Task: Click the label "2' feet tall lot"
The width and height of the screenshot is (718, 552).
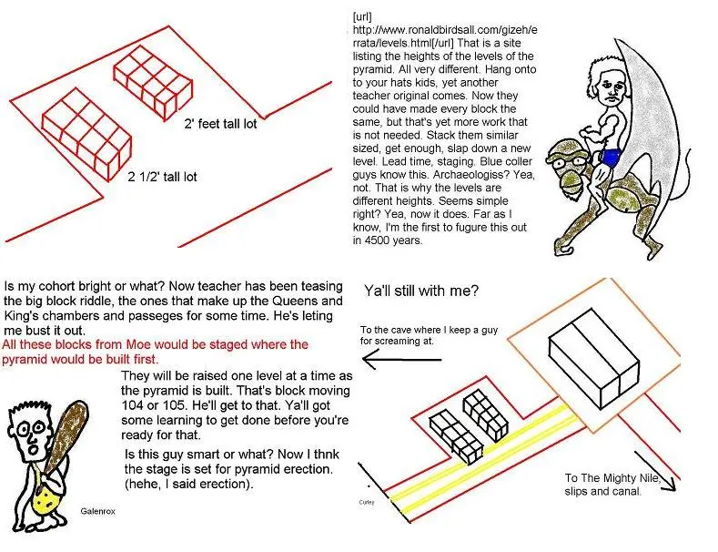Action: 220,124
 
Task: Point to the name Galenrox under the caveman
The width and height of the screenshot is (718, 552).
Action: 98,513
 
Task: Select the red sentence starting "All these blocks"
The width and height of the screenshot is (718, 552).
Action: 156,352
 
